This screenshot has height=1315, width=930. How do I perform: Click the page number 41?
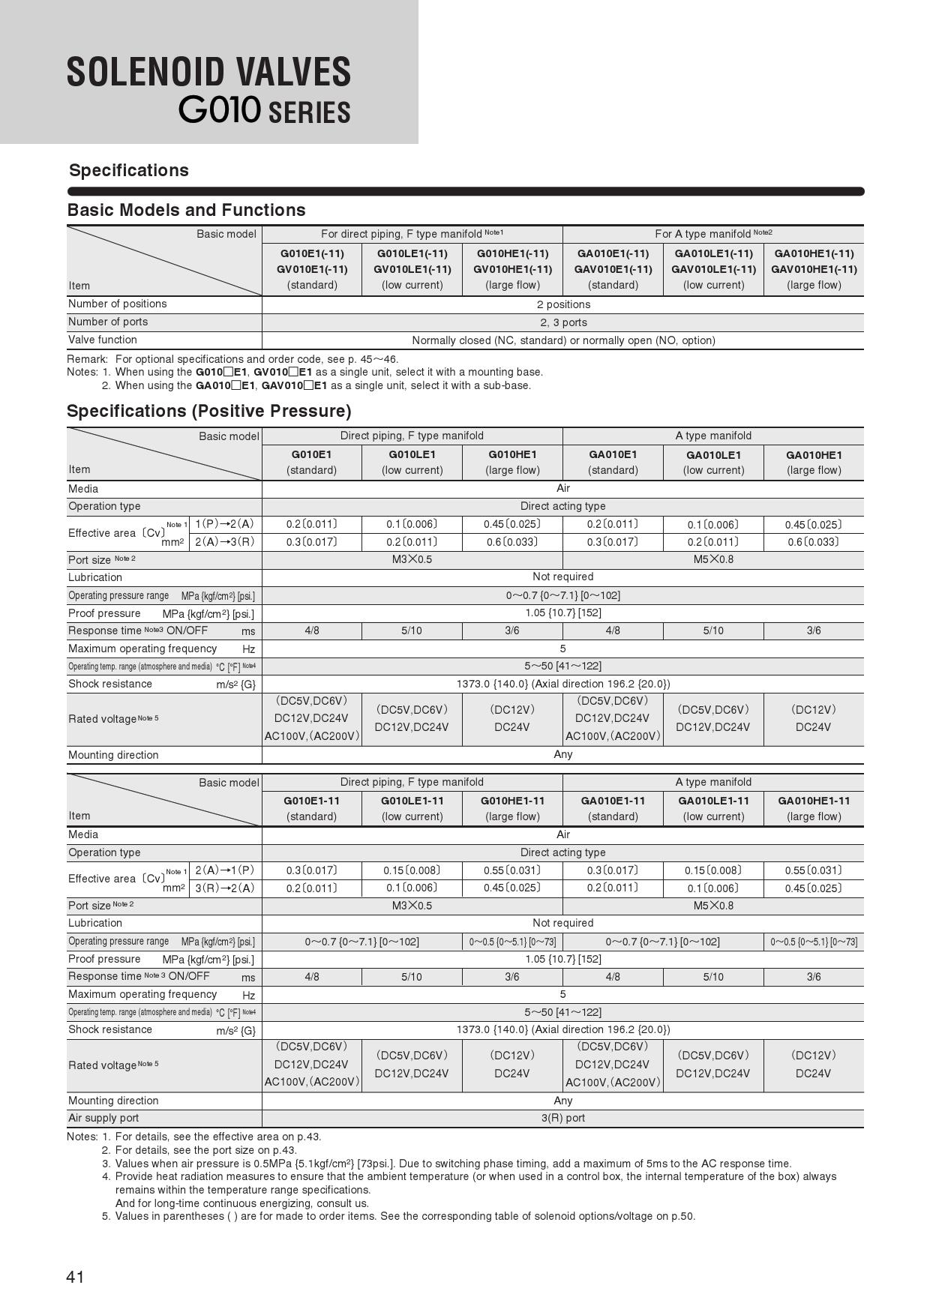click(x=75, y=1277)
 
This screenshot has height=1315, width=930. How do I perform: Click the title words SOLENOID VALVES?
click(x=208, y=73)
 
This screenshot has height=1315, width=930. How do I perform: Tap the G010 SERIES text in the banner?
click(x=264, y=111)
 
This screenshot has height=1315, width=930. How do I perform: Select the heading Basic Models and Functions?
click(x=187, y=210)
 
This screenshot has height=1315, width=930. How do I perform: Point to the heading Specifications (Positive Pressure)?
click(x=209, y=411)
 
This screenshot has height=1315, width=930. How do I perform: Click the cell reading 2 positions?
click(x=563, y=304)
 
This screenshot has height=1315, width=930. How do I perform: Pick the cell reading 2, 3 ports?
click(x=563, y=322)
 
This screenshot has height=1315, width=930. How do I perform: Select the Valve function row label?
click(x=103, y=340)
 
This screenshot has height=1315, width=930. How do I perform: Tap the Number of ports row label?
click(x=108, y=322)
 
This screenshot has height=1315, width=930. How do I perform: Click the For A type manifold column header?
click(x=712, y=234)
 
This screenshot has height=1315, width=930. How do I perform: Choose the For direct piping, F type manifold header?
click(x=412, y=234)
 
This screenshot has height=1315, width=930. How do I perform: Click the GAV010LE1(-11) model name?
click(x=713, y=269)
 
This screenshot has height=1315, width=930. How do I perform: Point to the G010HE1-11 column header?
click(x=512, y=801)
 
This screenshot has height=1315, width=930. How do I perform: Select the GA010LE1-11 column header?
click(x=713, y=801)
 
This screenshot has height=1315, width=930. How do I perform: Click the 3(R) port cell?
click(x=563, y=1118)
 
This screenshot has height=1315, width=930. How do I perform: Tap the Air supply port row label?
click(x=103, y=1118)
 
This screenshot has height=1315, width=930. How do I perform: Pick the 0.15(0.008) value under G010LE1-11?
click(x=412, y=870)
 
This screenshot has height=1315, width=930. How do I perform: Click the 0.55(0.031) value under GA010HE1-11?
click(x=814, y=870)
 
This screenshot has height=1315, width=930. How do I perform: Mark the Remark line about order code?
click(x=232, y=359)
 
